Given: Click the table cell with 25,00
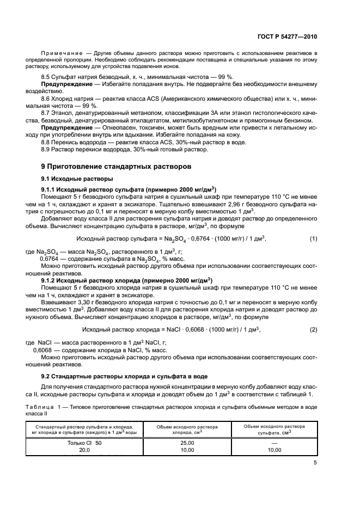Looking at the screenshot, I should pos(187,443).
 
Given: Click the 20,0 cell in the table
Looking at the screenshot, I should pos(84,450).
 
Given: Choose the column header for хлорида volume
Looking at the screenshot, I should pos(187,429).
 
